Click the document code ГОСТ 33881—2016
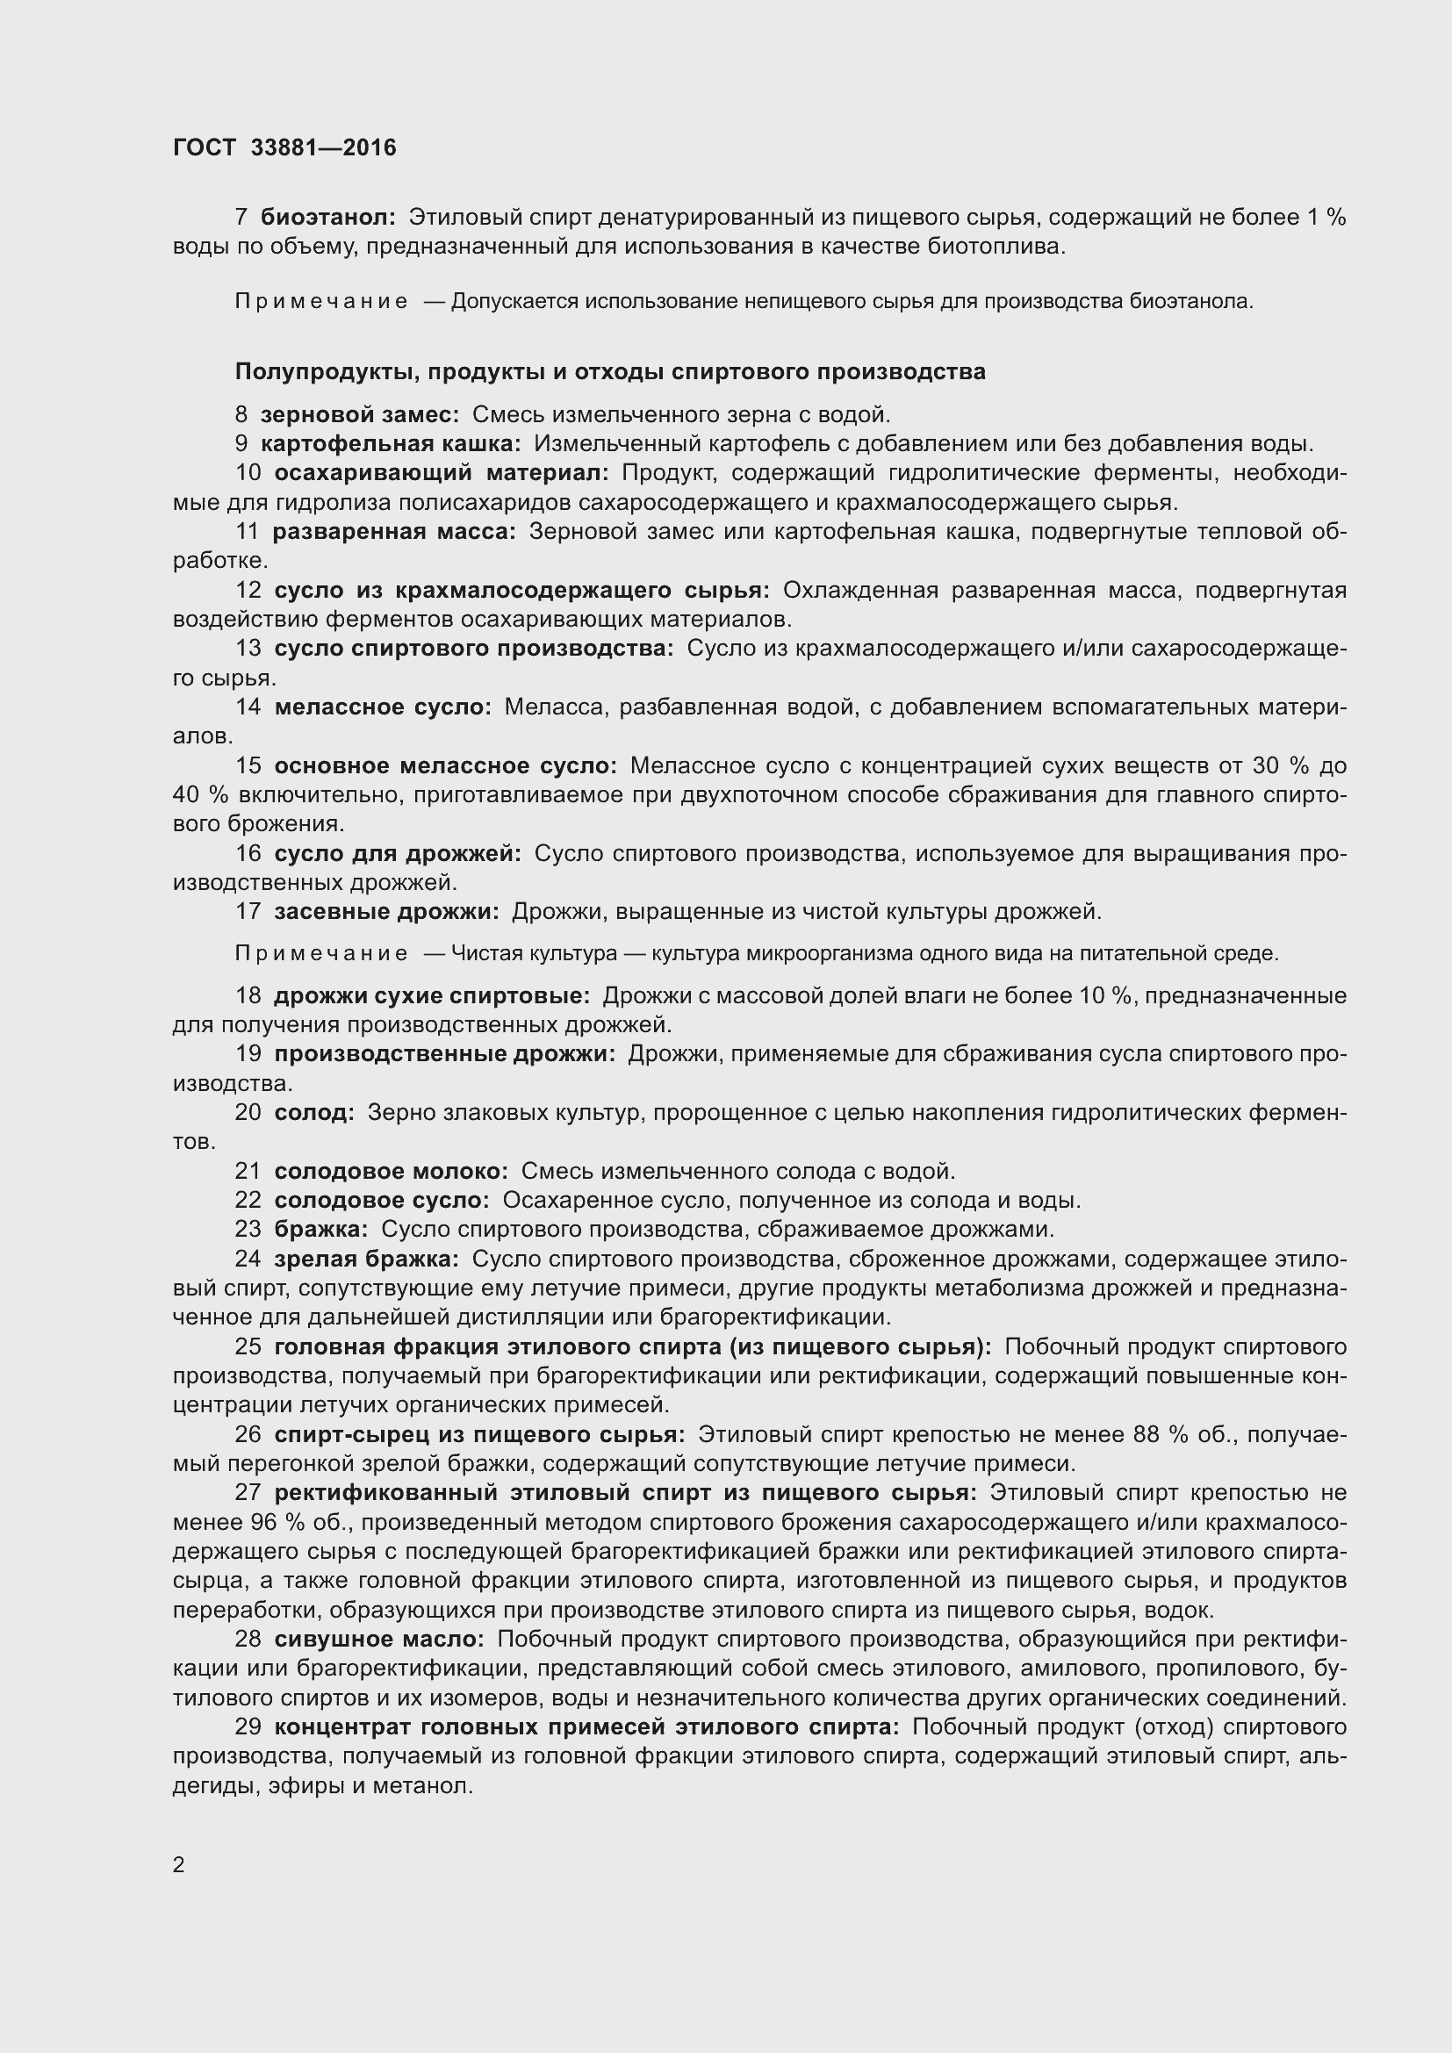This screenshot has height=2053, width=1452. click(x=284, y=147)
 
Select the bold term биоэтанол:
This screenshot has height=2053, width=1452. click(x=327, y=218)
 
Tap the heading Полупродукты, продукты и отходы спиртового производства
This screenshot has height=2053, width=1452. click(x=610, y=372)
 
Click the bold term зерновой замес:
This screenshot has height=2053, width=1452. click(x=359, y=415)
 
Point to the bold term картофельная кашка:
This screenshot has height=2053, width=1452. click(x=391, y=443)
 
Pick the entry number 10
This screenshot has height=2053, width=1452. click(x=248, y=473)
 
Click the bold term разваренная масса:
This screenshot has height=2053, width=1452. click(x=394, y=532)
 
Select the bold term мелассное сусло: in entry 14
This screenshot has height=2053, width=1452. click(x=383, y=707)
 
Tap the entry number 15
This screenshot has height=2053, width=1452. click(x=248, y=765)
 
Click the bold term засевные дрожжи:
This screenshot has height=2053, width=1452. click(x=386, y=911)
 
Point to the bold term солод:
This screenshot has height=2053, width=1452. click(x=313, y=1112)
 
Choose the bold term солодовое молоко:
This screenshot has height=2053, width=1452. click(x=391, y=1172)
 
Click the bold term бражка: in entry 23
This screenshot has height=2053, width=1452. click(x=320, y=1230)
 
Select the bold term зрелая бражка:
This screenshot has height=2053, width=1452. click(x=367, y=1259)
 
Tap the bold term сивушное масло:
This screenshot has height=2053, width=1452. click(x=379, y=1639)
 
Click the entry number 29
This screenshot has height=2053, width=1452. click(x=248, y=1726)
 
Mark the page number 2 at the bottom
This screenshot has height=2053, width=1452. click(x=179, y=1865)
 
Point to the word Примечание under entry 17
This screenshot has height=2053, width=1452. click(x=321, y=954)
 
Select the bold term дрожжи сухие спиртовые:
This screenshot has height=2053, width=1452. click(x=432, y=996)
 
